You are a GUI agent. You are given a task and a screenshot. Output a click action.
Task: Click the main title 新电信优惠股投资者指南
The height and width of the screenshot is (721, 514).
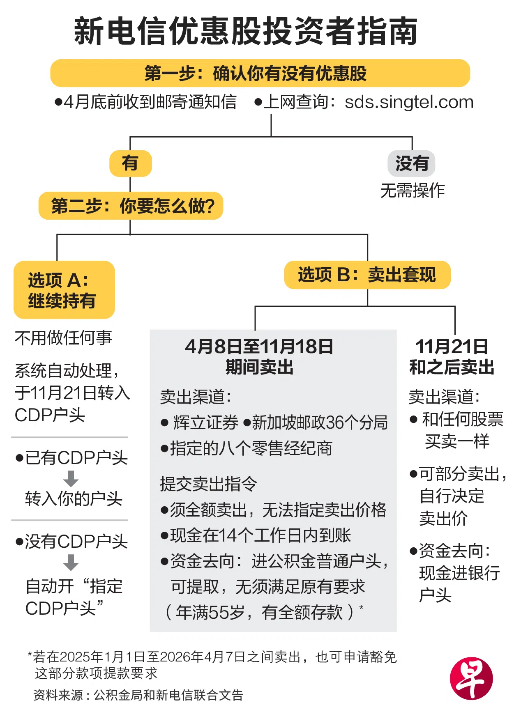click(x=246, y=31)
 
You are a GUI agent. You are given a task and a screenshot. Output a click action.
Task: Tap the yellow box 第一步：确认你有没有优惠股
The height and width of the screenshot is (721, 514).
click(x=260, y=73)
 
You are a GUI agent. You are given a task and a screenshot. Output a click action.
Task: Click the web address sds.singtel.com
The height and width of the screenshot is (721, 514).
click(x=409, y=102)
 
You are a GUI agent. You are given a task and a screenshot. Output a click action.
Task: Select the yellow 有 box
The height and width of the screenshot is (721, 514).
click(x=130, y=163)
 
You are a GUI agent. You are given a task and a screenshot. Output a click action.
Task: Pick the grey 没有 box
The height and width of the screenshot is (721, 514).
click(x=411, y=163)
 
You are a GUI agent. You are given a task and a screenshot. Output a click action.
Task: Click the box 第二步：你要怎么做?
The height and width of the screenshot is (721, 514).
click(x=131, y=206)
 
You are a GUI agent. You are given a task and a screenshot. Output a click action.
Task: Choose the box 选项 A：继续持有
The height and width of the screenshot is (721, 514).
click(x=64, y=290)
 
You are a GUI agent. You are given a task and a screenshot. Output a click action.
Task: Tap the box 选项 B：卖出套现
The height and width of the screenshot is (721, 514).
click(x=367, y=275)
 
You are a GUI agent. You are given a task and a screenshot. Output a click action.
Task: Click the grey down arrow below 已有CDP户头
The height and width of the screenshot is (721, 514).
click(x=71, y=479)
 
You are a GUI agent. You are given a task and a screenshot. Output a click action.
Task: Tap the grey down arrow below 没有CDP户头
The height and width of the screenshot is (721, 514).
click(x=71, y=563)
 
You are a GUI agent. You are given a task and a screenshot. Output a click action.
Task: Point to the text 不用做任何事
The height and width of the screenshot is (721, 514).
click(x=63, y=338)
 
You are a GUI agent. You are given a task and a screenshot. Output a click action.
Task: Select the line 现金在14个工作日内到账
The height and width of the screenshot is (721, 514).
click(x=260, y=535)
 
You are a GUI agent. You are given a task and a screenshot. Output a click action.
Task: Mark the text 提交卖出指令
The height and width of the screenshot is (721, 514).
click(x=208, y=484)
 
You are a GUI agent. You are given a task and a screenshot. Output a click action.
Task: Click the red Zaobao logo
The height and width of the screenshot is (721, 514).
click(x=471, y=678)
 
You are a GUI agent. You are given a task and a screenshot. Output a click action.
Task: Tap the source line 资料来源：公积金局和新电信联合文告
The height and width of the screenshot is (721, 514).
click(x=138, y=695)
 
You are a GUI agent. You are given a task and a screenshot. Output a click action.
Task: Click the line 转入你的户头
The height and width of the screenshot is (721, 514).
click(x=74, y=499)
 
